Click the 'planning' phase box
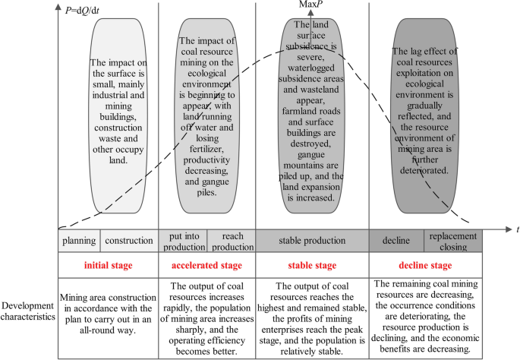pos(79,242)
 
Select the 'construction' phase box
pos(128,242)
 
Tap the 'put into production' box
pos(182,241)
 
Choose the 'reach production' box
pos(231,241)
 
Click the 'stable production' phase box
pos(311,241)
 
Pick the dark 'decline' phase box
pos(395,241)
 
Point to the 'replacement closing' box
pos(452,241)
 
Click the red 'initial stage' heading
pos(108,266)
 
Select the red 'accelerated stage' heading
pos(206,266)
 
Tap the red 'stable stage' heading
pos(311,266)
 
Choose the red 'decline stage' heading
pos(425,266)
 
